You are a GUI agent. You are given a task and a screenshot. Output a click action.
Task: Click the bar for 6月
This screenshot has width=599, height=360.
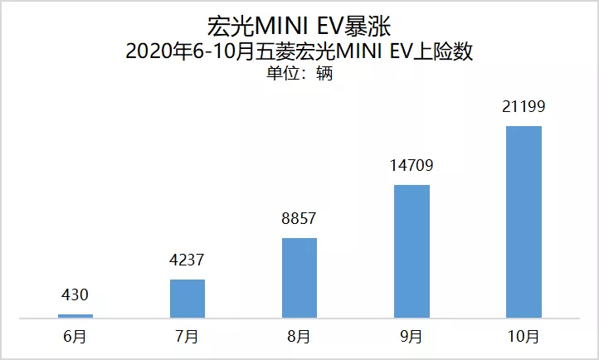75,315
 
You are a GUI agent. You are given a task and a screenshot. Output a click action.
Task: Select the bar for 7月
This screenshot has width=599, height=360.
187,298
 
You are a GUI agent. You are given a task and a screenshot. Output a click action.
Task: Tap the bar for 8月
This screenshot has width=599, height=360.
299,277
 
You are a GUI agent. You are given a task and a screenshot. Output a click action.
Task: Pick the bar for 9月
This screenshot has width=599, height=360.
412,251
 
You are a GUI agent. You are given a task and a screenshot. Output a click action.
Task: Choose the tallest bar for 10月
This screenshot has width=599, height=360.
524,221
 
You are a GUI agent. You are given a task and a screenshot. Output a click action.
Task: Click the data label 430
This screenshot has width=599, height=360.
75,294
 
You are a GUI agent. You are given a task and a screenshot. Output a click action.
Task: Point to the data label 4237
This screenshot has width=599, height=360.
187,260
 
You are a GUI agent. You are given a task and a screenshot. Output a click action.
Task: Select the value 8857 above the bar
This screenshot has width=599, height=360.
299,219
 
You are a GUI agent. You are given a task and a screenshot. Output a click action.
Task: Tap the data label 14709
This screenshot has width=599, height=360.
412,166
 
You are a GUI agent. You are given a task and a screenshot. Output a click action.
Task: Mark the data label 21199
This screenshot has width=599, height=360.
524,107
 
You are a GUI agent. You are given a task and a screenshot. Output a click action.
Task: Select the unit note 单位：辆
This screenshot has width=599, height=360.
299,74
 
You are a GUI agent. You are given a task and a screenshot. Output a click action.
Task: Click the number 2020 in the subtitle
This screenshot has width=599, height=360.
147,51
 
